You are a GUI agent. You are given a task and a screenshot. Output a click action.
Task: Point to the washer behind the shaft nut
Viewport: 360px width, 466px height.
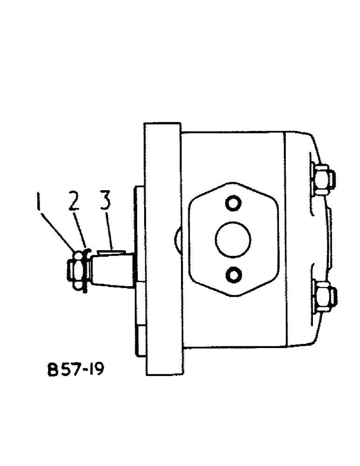pyautogui.click(x=85, y=270)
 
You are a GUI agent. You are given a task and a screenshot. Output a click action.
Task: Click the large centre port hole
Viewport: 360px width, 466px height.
pyautogui.click(x=233, y=239)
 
